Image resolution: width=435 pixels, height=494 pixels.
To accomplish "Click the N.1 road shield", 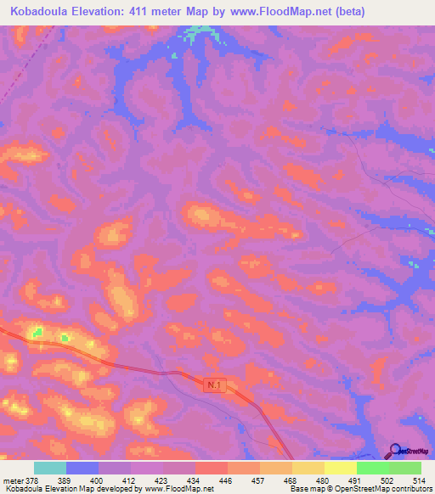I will click(216, 386).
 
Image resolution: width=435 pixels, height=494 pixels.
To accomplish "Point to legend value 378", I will click(31, 480).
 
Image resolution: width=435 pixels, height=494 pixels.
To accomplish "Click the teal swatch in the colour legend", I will click(50, 468).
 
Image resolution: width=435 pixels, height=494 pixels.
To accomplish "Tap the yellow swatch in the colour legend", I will click(341, 468).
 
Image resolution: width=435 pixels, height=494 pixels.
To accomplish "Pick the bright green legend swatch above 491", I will click(373, 468).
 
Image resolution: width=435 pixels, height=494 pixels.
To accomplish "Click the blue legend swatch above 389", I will click(82, 468).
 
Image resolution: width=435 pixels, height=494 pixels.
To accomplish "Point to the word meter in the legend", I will click(11, 480).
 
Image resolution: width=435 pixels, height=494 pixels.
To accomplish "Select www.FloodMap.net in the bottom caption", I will click(179, 489).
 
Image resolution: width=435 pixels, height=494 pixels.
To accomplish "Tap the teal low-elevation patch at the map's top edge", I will click(201, 32).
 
